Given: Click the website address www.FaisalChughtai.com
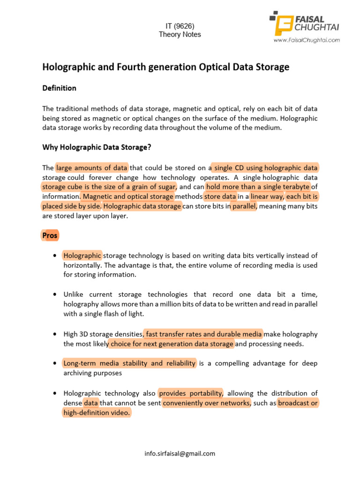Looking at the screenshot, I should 307,40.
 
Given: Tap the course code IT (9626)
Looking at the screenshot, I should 180,26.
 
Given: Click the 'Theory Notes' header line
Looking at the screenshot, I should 180,34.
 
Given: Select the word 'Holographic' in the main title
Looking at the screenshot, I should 68,67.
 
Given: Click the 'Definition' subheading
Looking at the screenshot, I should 60,88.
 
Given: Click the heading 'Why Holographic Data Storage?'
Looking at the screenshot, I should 97,147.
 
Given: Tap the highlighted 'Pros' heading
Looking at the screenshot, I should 50,235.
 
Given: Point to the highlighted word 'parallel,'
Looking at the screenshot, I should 244,206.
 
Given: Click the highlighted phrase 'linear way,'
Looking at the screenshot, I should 267,196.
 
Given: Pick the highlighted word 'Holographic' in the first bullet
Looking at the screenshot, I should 82,255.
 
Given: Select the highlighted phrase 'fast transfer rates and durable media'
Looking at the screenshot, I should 204,334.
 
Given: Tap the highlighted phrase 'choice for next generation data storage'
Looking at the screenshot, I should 172,344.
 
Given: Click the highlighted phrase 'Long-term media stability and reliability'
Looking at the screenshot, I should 129,363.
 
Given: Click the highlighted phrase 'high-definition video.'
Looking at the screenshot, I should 97,413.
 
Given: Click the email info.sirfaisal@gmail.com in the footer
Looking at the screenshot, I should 180,453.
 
